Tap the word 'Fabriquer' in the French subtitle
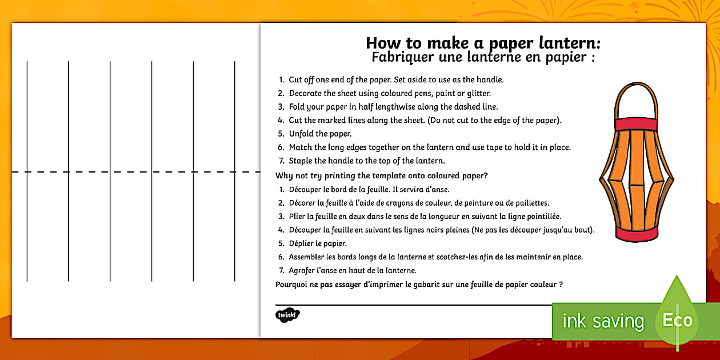coord(401,57)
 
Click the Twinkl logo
coord(287,315)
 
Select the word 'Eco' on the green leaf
coord(677,320)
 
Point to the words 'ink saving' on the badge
coord(603,321)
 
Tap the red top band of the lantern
coord(637,124)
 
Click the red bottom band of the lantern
coord(637,235)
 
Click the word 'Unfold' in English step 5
coord(300,134)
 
